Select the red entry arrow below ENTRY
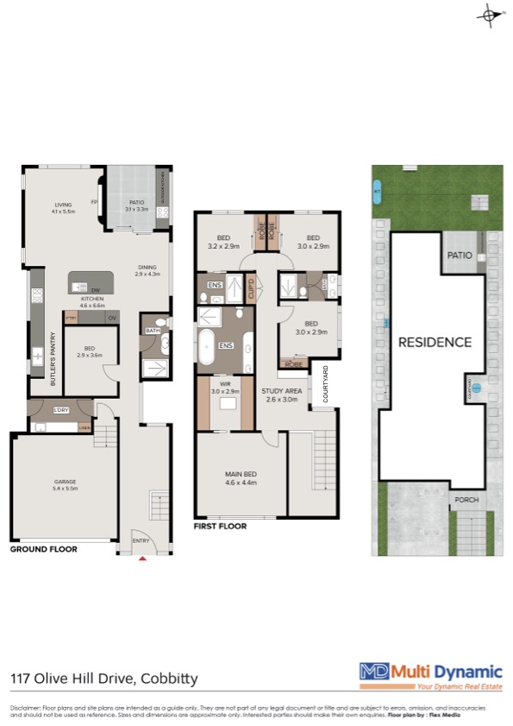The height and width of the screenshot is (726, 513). tap(142, 559)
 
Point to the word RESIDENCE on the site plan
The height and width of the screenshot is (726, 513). tap(435, 342)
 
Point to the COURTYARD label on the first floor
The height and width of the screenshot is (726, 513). tap(325, 384)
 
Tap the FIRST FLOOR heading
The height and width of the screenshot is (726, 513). tap(220, 526)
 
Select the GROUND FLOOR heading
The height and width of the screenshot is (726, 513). tap(43, 549)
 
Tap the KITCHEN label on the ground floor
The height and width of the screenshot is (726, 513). tap(92, 299)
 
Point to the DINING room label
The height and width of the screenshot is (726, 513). tap(148, 266)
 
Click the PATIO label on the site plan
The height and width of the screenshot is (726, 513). tap(458, 256)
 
